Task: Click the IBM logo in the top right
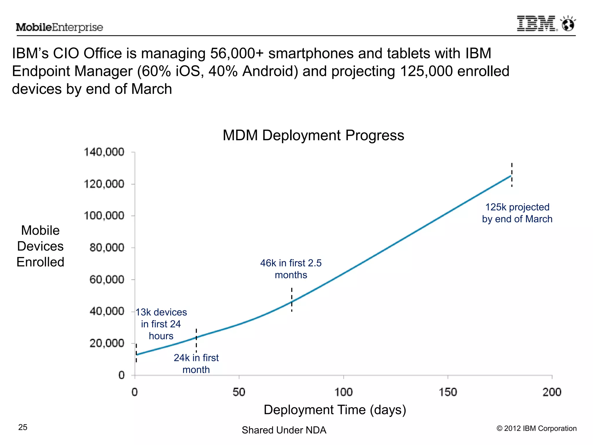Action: click(537, 23)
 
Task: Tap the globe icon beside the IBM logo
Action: click(568, 24)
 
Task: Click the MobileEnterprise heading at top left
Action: click(59, 27)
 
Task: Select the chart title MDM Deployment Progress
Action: click(313, 135)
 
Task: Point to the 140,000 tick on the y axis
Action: click(104, 152)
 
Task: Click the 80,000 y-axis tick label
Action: click(107, 248)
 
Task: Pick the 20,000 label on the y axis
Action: click(107, 343)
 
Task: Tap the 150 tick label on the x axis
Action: click(448, 392)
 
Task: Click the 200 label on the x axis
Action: click(552, 392)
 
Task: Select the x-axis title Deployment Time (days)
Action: click(335, 410)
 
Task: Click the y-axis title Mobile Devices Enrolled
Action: click(40, 246)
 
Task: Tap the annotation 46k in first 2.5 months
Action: click(291, 269)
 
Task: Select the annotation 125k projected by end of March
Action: click(517, 213)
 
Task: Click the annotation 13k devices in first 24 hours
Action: click(161, 324)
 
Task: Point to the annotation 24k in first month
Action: click(196, 364)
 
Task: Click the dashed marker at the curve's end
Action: click(512, 175)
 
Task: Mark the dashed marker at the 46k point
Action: click(292, 300)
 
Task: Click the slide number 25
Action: click(23, 427)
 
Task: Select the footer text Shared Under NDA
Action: click(284, 430)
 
